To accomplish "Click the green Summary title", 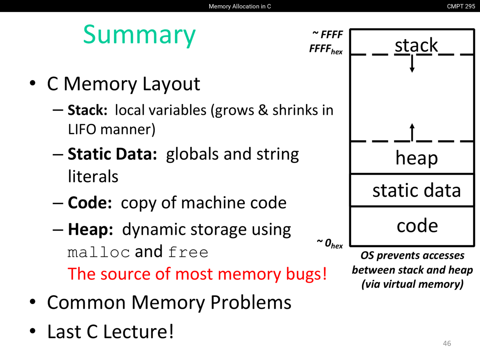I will click(x=139, y=34).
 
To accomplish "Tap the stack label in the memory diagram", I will click(x=416, y=45).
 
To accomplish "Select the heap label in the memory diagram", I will click(x=416, y=158).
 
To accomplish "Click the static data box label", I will click(x=416, y=190).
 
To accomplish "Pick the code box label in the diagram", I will click(x=417, y=225).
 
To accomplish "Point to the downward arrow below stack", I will click(x=412, y=64).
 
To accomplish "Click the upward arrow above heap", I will click(x=412, y=132).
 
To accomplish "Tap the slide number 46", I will click(x=447, y=343).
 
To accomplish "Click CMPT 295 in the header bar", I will click(x=461, y=6).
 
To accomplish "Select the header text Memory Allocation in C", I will click(x=240, y=6).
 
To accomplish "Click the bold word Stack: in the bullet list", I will click(x=87, y=110).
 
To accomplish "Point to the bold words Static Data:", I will click(x=112, y=154).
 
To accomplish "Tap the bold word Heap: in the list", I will click(x=90, y=229).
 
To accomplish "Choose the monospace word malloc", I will click(x=99, y=252).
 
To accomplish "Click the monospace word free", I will click(x=188, y=252).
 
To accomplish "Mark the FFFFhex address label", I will click(x=326, y=49).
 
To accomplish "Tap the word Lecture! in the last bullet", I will click(x=138, y=331).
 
